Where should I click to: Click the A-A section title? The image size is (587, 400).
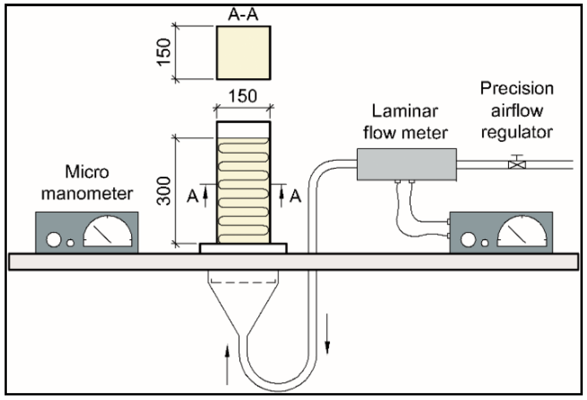point(243,14)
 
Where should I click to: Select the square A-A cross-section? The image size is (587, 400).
point(243,53)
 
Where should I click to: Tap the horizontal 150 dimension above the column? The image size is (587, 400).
point(243,96)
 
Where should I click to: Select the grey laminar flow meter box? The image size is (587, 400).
point(407,164)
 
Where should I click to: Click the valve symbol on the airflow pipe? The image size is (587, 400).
point(517,162)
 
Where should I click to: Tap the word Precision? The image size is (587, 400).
point(517,88)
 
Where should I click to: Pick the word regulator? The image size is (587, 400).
point(517,133)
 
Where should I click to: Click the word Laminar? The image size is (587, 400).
point(405,111)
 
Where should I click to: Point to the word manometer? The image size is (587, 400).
point(87,193)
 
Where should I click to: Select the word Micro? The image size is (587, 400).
point(87,172)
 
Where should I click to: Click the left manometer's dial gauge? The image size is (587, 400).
point(108,231)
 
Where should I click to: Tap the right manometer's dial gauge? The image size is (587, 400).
point(522,231)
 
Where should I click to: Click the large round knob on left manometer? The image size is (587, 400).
point(54,240)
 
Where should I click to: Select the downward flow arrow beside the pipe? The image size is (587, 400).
point(327,334)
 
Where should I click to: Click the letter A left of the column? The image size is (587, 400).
point(193,196)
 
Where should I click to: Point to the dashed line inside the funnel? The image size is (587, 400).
point(243,282)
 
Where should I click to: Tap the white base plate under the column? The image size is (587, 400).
point(243,248)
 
